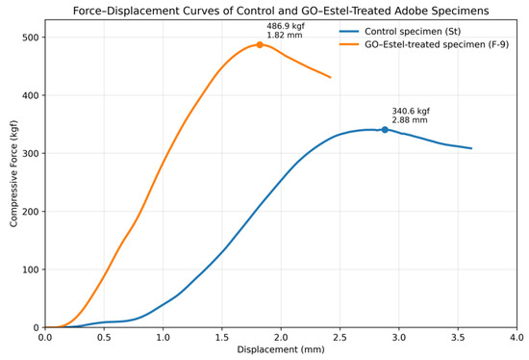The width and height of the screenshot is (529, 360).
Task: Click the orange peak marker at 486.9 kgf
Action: click(x=260, y=45)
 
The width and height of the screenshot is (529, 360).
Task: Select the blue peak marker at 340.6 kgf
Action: click(x=385, y=130)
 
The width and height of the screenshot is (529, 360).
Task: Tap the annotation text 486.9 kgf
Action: click(x=286, y=26)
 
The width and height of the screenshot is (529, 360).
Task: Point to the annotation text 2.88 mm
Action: click(x=410, y=120)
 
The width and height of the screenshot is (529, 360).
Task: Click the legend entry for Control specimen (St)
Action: click(x=400, y=32)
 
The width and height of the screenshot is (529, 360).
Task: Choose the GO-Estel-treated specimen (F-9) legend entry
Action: click(x=424, y=44)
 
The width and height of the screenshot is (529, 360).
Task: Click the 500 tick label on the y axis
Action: click(x=31, y=38)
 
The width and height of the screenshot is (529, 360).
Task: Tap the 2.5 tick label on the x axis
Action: click(x=340, y=337)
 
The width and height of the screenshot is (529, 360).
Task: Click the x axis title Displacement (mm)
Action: click(x=281, y=349)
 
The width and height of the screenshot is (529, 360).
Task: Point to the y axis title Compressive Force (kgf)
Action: click(x=13, y=173)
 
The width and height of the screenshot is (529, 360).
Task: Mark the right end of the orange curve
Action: click(x=330, y=77)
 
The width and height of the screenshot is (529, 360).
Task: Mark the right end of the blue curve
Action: click(x=471, y=148)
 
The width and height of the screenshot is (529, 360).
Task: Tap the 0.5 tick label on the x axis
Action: click(x=104, y=337)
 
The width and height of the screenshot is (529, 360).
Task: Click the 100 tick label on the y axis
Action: click(x=31, y=270)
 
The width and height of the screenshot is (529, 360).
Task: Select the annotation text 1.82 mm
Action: click(x=285, y=35)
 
